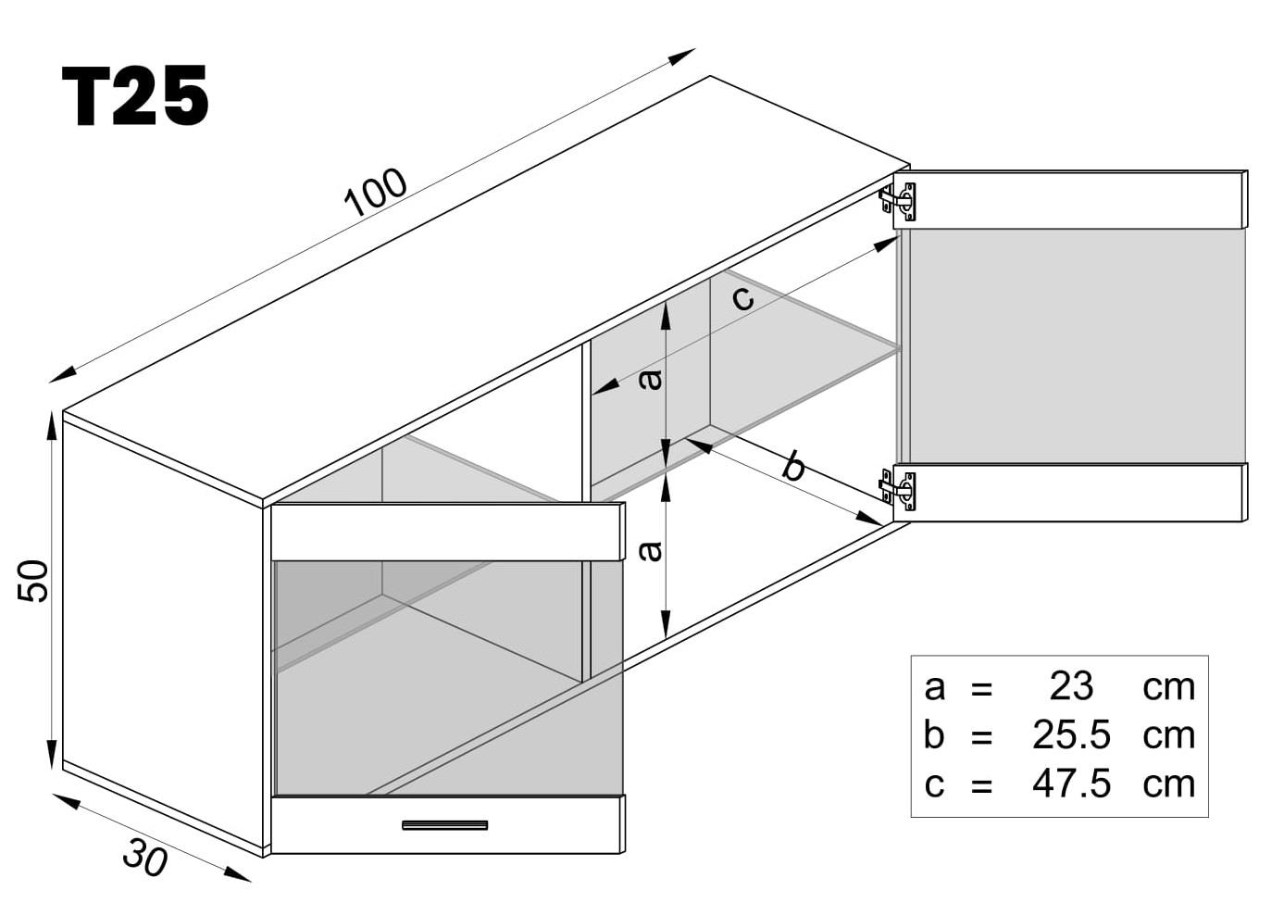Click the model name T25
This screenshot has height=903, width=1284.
[x=135, y=96]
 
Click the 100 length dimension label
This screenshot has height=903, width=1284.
[x=375, y=193]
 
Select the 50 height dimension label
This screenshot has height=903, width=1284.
[x=33, y=581]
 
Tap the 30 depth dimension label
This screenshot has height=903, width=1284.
[x=144, y=857]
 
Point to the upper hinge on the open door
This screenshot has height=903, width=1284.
[x=899, y=201]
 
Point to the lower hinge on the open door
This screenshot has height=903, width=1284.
[x=899, y=489]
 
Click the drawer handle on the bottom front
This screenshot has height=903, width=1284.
[x=444, y=824]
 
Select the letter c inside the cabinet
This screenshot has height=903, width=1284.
[x=742, y=297]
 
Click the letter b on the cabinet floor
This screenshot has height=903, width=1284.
[x=793, y=466]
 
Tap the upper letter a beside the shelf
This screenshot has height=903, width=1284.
[x=652, y=379]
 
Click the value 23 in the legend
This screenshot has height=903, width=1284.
[x=1071, y=686]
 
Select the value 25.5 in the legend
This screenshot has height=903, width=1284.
[x=1071, y=734]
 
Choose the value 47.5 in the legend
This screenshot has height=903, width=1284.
[x=1071, y=784]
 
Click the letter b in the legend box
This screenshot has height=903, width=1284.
[x=933, y=734]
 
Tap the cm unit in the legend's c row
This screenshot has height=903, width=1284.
[x=1168, y=784]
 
